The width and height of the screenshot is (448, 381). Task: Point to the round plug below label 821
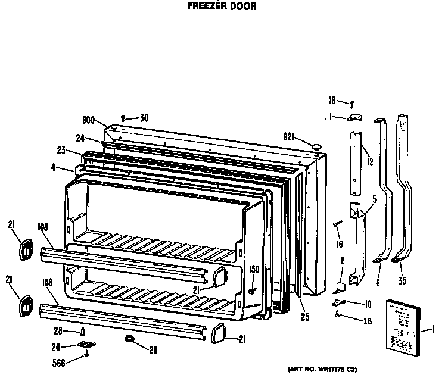317,145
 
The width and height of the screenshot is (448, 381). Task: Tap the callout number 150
254,270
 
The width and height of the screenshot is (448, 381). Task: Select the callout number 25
305,317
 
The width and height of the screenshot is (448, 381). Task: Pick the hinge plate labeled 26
88,345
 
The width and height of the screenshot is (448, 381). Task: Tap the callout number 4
54,168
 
